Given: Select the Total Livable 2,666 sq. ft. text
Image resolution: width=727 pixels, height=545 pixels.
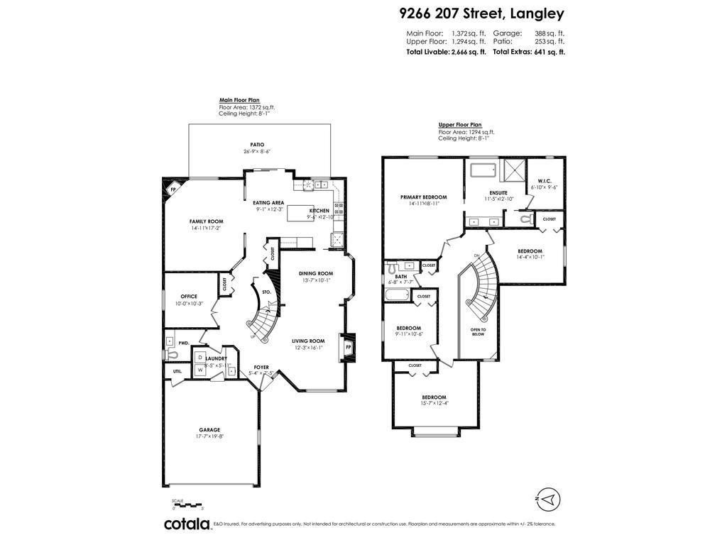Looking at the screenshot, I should tap(446, 53).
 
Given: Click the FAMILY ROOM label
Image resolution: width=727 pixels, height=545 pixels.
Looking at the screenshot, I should tap(206, 221).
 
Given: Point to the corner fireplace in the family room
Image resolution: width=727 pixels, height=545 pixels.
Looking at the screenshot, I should tap(173, 189).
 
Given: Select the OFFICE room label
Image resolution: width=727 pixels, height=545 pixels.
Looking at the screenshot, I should tap(188, 297).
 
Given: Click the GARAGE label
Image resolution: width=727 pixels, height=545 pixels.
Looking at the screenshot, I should tap(209, 429).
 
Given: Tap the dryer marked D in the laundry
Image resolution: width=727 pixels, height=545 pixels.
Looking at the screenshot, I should tap(200, 358).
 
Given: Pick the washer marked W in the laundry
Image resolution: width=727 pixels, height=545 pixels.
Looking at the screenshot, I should tap(200, 370).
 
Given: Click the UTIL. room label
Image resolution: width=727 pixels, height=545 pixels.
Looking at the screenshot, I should tap(177, 371).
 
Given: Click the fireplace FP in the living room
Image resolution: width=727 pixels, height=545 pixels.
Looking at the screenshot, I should tap(348, 348).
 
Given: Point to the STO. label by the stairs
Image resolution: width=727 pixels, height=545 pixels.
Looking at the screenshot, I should tap(267, 292).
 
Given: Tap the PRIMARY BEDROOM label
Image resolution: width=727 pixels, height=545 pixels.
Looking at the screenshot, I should tap(423, 197).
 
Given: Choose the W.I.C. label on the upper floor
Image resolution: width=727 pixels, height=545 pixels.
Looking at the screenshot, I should tap(545, 180).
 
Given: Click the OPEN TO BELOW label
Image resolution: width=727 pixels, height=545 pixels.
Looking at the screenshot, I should tap(478, 331).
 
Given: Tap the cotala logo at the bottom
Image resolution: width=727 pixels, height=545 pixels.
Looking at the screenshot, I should tap(187, 524).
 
